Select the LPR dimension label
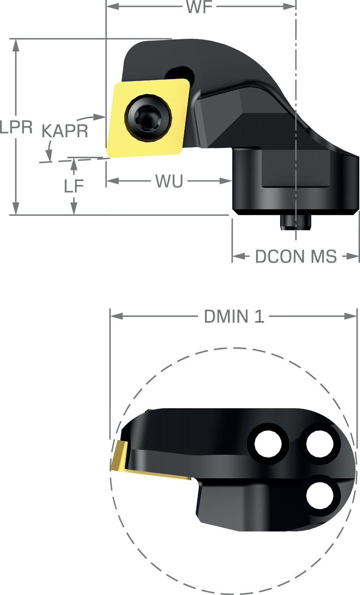tap(16, 127)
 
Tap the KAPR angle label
tap(65, 131)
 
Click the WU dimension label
tap(169, 182)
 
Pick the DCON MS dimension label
tap(296, 257)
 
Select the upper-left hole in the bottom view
tap(268, 443)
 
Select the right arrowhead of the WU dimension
tap(226, 182)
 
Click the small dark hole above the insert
tap(179, 73)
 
